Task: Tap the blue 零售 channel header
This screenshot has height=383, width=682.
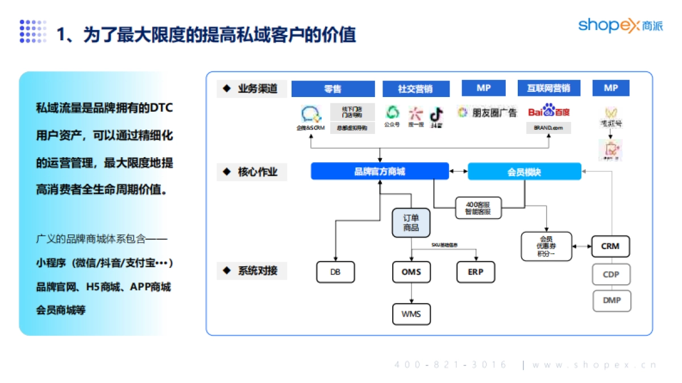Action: [333, 89]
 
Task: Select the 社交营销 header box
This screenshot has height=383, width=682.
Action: [415, 89]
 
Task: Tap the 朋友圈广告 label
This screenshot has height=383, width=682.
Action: [488, 112]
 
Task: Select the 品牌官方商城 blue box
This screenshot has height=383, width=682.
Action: [380, 171]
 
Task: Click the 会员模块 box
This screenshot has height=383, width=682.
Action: [524, 171]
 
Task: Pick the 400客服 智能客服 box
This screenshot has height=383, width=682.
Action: [477, 208]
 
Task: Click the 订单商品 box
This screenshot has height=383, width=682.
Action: [411, 222]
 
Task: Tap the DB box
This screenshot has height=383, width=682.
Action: [335, 272]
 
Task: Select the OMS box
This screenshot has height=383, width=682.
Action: [411, 272]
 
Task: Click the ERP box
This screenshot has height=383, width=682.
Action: [476, 272]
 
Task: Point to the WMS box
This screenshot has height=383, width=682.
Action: [411, 314]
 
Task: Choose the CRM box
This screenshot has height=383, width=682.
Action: [610, 247]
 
